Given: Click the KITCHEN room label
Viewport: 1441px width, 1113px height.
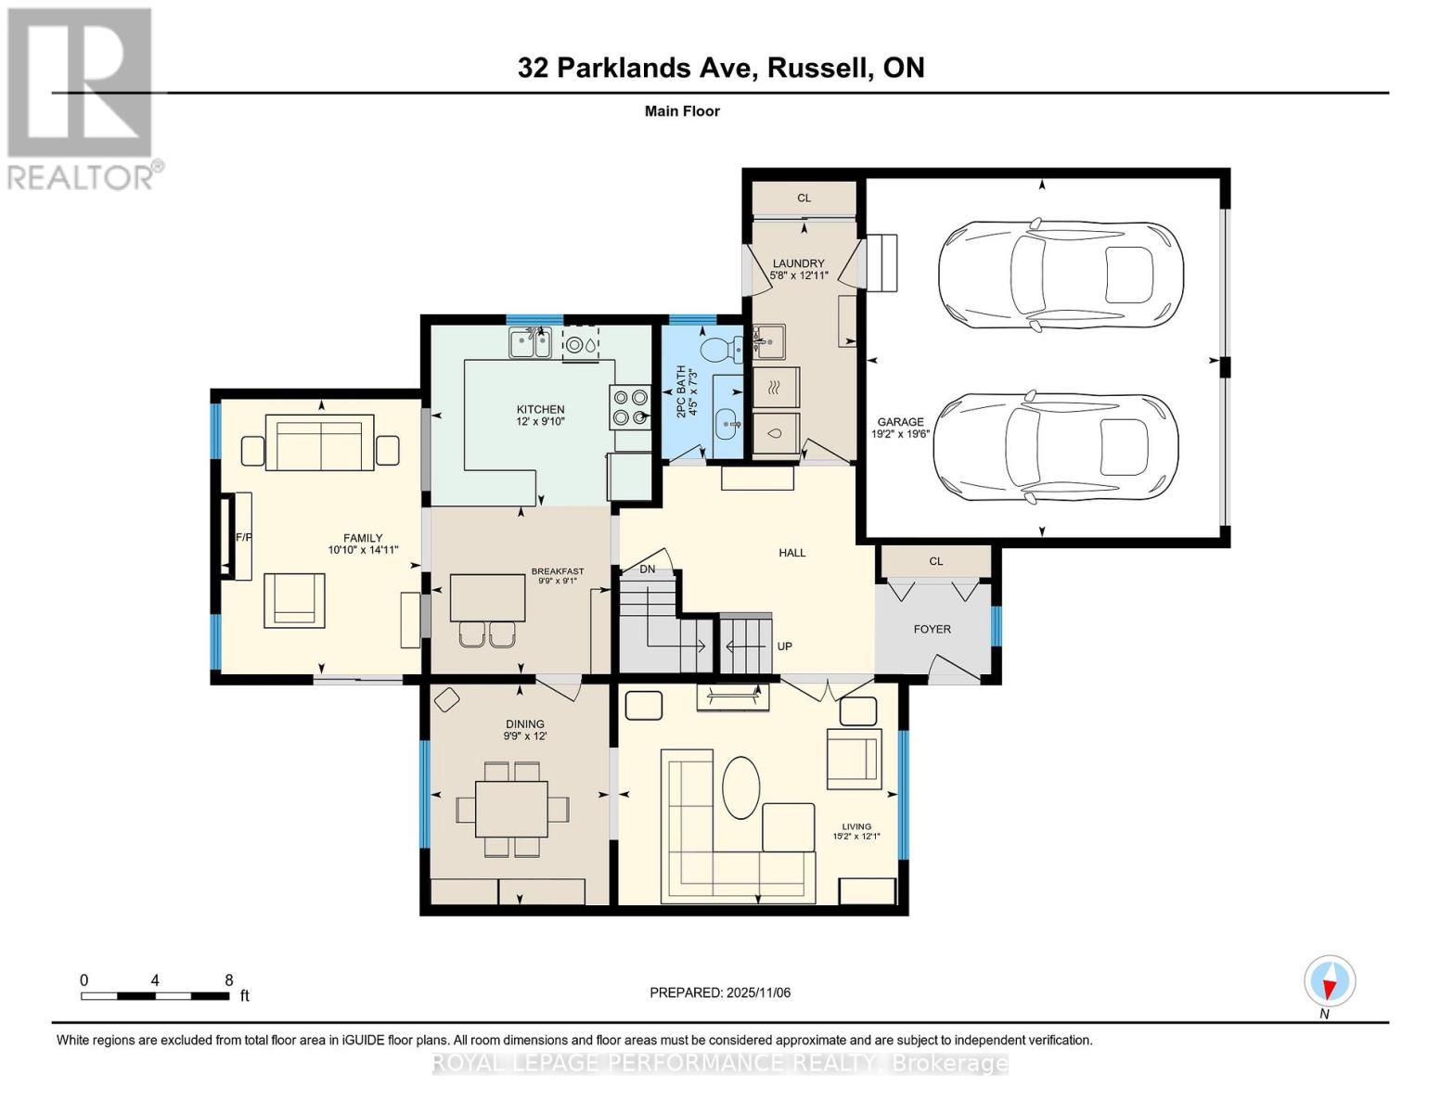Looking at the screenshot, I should point(540,409).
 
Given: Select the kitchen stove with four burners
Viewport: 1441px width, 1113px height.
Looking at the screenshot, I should point(629,407).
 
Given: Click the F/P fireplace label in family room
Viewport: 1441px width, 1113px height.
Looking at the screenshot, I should point(244,537).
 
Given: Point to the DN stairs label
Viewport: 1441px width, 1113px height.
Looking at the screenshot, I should point(647,569).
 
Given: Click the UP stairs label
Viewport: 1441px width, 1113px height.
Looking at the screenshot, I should point(784,646).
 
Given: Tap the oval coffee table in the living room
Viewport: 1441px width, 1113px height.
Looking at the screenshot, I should point(740,787).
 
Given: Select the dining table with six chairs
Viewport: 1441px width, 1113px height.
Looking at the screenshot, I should point(511,810).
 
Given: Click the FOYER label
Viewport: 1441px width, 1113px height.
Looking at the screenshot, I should point(932,629).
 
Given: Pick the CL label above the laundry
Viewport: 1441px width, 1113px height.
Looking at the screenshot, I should point(804,198).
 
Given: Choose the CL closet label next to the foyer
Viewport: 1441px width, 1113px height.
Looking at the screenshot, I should point(935,561).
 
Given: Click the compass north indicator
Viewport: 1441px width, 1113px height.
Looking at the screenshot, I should point(1330,982).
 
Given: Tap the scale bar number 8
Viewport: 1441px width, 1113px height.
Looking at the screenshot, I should point(228,980).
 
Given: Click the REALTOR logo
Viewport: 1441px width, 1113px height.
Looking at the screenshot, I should point(82,97).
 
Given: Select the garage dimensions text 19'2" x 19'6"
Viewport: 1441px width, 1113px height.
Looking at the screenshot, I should point(900,433).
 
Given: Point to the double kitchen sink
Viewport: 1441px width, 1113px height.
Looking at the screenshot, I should point(530,345).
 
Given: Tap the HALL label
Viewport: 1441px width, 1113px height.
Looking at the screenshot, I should point(791,552).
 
